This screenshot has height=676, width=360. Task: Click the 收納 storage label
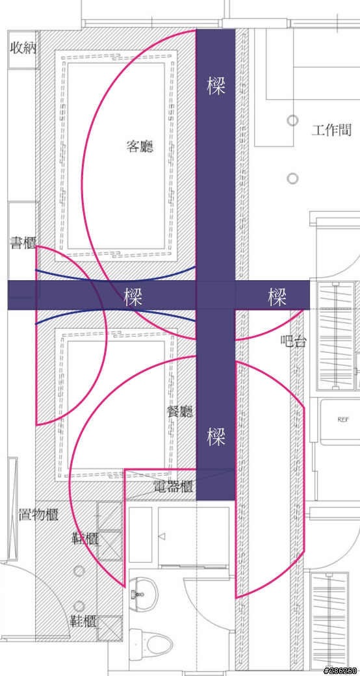23,48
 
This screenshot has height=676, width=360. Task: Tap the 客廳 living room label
140,147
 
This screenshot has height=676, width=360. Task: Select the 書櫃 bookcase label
23,242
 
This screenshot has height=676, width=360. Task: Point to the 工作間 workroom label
331,130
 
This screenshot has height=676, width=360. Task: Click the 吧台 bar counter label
294,342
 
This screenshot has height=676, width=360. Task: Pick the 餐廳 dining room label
180,411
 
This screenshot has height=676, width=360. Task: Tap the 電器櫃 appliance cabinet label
172,487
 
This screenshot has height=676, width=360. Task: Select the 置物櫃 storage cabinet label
38,514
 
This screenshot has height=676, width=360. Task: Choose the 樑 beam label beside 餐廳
216,436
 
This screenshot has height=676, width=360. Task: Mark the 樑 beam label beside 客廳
216,85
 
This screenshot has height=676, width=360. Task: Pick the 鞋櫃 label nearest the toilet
84,621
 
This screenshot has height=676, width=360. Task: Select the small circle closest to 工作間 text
292,120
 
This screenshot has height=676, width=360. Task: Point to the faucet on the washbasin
139,595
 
